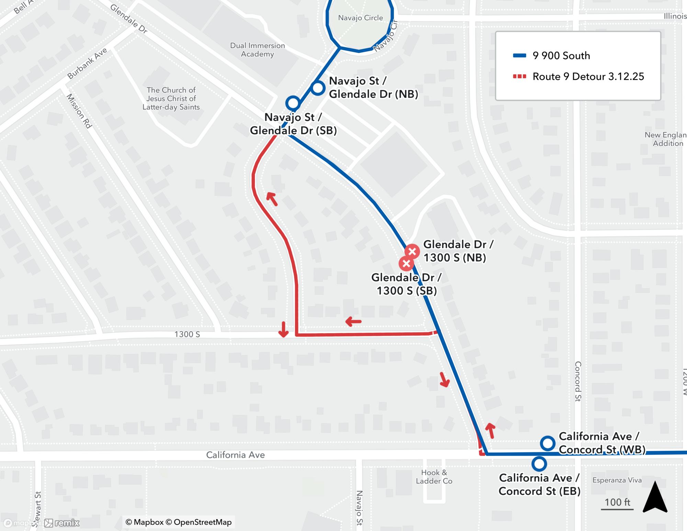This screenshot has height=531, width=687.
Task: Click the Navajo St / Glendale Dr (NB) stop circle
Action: coord(318,88)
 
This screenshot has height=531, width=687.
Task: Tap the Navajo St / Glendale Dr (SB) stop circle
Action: coord(293,103)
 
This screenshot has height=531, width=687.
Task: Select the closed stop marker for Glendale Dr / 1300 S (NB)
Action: coord(412,252)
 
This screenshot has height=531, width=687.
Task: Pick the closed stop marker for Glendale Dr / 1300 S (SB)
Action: coord(406,264)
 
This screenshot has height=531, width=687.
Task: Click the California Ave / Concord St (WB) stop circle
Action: coord(548,443)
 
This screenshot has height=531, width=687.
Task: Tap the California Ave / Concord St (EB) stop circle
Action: coord(539,464)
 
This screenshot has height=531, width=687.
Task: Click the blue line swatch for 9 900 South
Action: coord(519,56)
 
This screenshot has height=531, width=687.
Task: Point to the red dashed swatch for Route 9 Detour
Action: coord(519,76)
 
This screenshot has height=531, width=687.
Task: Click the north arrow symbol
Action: coord(655,498)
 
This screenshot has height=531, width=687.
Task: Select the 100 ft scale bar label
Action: coord(617,502)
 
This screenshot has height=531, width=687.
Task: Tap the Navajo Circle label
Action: coord(360,18)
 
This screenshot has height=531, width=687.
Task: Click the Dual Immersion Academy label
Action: coord(257,50)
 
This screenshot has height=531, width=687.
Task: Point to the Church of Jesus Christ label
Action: coord(171,99)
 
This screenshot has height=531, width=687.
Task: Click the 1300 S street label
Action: coord(187,334)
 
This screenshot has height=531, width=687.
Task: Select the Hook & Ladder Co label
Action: coord(434,477)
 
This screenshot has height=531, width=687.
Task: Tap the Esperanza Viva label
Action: coord(617,480)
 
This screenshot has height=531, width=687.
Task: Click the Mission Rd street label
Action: coord(79,111)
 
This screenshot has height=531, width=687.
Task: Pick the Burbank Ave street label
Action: coord(87,63)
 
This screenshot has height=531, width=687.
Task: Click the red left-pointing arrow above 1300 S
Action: coord(353,322)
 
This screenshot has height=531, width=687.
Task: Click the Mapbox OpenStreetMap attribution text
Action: coord(179,522)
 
